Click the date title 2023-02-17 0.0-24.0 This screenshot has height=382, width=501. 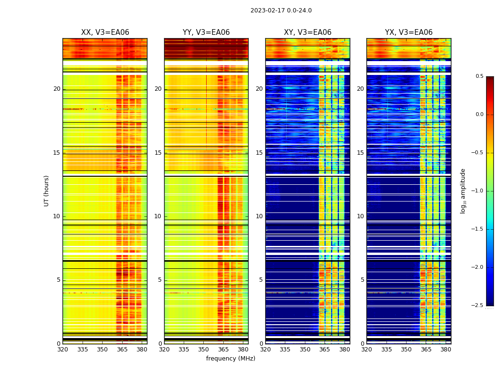[x=281, y=11]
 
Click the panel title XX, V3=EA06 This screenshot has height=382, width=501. [x=105, y=32]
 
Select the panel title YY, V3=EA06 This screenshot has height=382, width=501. [x=206, y=32]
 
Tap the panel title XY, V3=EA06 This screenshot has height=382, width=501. [x=308, y=32]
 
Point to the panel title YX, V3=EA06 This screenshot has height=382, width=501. [x=409, y=32]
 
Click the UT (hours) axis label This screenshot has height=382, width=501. [x=47, y=191]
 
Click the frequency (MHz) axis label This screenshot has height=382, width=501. [x=230, y=359]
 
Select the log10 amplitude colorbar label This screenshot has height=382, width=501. [x=463, y=191]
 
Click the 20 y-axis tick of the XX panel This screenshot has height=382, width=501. [x=57, y=89]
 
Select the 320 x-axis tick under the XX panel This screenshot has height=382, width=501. [x=63, y=350]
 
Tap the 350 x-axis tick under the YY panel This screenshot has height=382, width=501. [x=204, y=350]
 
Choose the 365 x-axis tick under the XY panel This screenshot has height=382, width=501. [x=325, y=350]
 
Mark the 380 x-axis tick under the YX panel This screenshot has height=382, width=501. [x=446, y=350]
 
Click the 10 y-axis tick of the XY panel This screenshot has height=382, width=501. [x=259, y=216]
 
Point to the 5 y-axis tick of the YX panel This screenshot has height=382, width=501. [x=362, y=280]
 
